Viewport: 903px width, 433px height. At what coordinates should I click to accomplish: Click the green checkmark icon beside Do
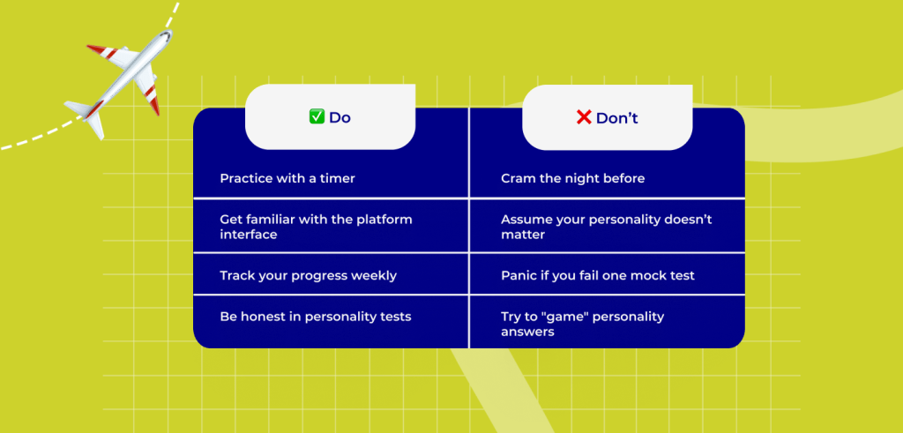317,117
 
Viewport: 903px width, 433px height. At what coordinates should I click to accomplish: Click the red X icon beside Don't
584,117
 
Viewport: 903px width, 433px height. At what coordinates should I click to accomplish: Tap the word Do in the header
340,117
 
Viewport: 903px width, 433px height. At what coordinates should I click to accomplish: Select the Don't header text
616,118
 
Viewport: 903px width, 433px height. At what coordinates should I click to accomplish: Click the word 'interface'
248,235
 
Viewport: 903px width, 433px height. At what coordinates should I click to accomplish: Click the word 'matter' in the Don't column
523,235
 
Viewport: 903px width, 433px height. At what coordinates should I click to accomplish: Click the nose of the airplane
168,34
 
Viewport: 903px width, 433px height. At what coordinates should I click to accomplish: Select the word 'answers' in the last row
527,332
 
